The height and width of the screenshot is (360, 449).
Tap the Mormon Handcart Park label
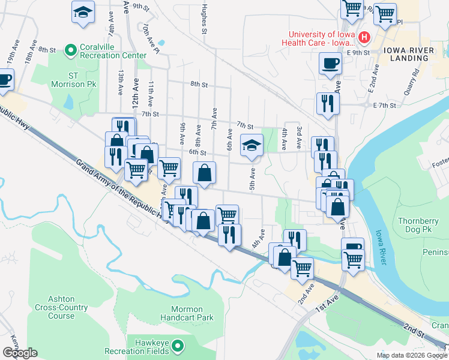188,313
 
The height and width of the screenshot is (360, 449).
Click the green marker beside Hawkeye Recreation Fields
178,346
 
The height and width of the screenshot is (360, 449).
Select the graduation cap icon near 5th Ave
252,145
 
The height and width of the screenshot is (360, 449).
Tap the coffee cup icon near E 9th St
330,63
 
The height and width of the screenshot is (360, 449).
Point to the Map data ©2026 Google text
412,355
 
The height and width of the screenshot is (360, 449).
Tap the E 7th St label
385,105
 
